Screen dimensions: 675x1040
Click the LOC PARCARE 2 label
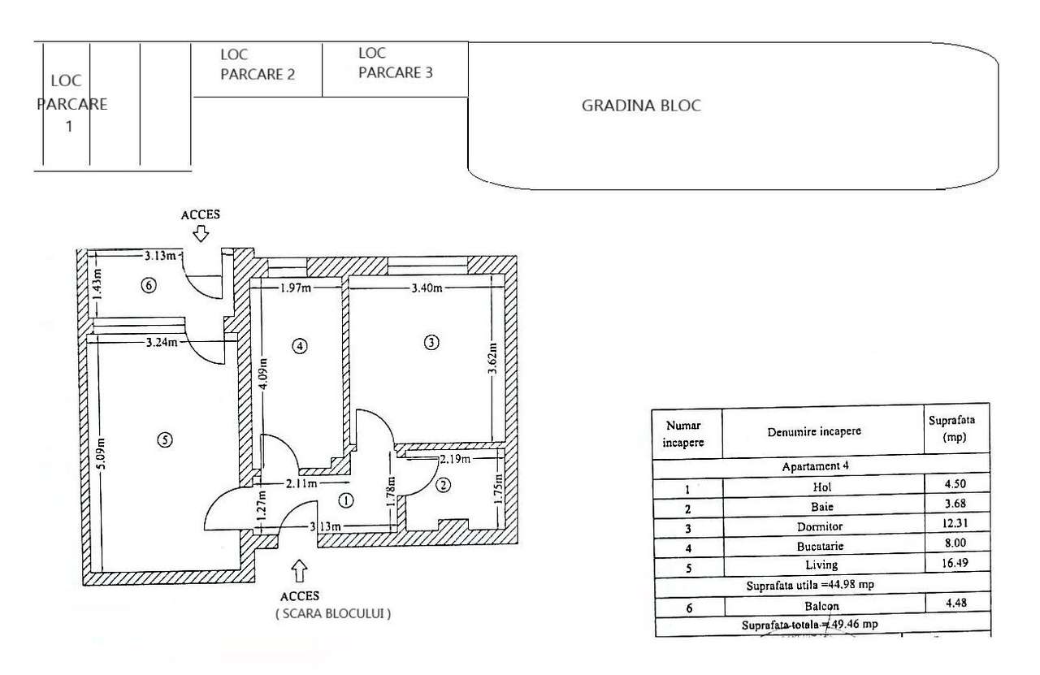pyautogui.click(x=257, y=65)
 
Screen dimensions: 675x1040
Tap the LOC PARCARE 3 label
pyautogui.click(x=395, y=63)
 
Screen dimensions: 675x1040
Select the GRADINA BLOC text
pyautogui.click(x=641, y=106)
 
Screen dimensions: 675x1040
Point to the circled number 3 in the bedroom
pyautogui.click(x=431, y=343)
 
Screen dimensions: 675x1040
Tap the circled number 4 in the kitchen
pyautogui.click(x=300, y=346)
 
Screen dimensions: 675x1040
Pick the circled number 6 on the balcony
pyautogui.click(x=147, y=285)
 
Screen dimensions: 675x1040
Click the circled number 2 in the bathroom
pyautogui.click(x=443, y=486)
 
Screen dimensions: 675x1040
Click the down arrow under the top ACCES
pyautogui.click(x=201, y=234)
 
